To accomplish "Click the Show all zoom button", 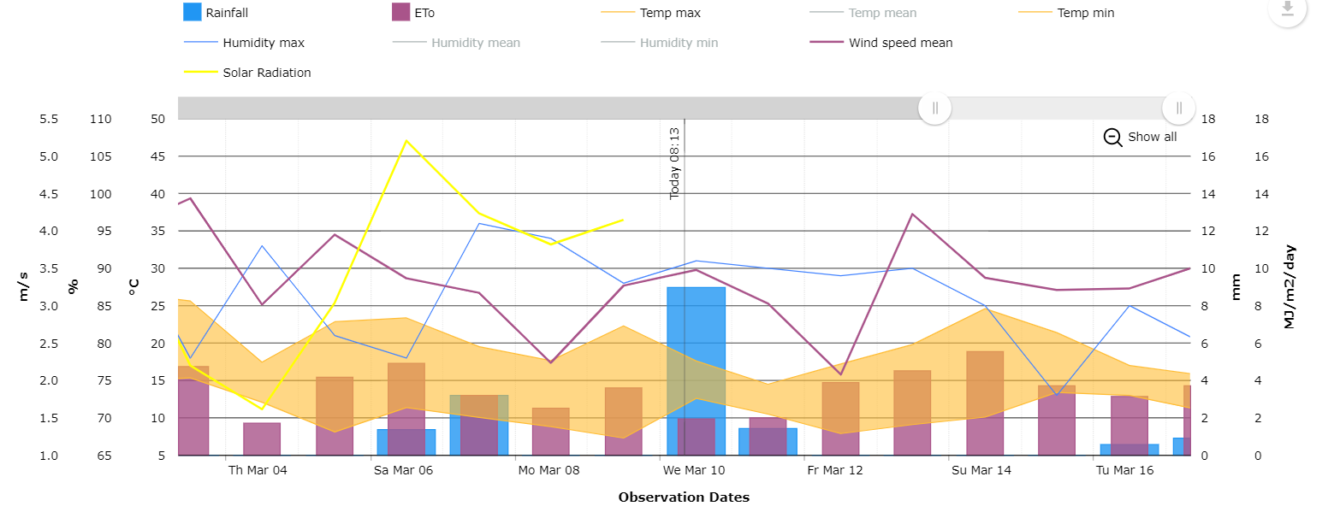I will [1141, 137].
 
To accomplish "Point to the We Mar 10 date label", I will [694, 470].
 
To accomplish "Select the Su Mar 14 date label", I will [981, 470].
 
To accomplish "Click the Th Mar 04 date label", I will [258, 470].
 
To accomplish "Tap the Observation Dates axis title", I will [684, 497].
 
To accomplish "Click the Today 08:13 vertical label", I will [674, 163].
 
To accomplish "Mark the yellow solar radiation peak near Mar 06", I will [406, 140].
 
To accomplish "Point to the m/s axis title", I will [24, 285].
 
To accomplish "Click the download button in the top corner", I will [1286, 11].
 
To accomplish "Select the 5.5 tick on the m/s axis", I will [49, 119].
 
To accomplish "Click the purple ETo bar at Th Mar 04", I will [262, 438].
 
